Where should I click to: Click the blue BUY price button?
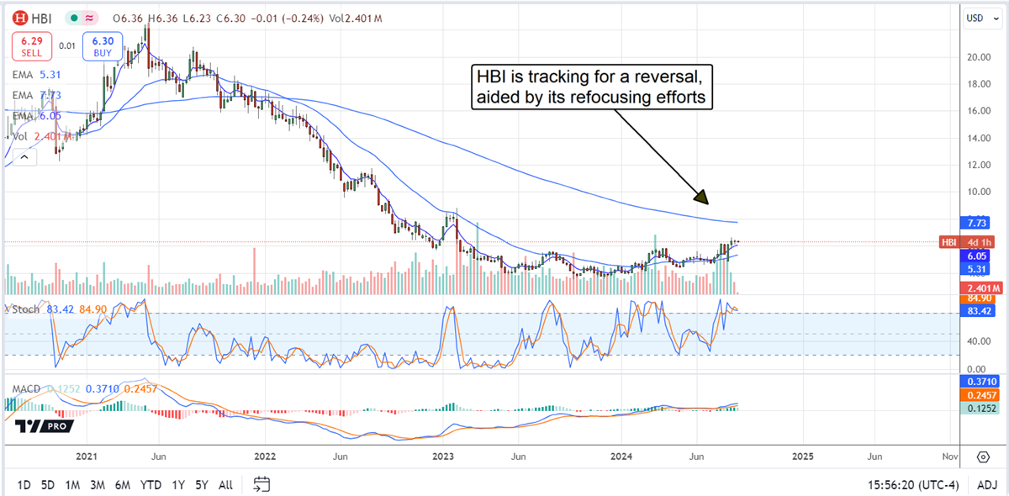(x=103, y=47)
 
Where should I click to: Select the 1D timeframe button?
(x=24, y=484)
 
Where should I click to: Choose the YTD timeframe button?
(x=151, y=484)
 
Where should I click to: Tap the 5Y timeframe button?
(x=201, y=484)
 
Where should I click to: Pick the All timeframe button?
(x=225, y=484)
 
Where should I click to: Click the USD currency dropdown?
(x=980, y=18)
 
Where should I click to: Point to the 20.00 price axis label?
(x=978, y=58)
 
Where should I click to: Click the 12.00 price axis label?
(x=978, y=165)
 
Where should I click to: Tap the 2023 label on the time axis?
(x=443, y=456)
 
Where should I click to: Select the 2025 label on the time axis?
(x=803, y=456)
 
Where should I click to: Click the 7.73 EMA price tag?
(x=977, y=223)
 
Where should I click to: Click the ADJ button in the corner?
(x=987, y=484)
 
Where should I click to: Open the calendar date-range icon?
(x=261, y=484)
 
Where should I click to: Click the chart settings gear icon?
(x=982, y=456)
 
